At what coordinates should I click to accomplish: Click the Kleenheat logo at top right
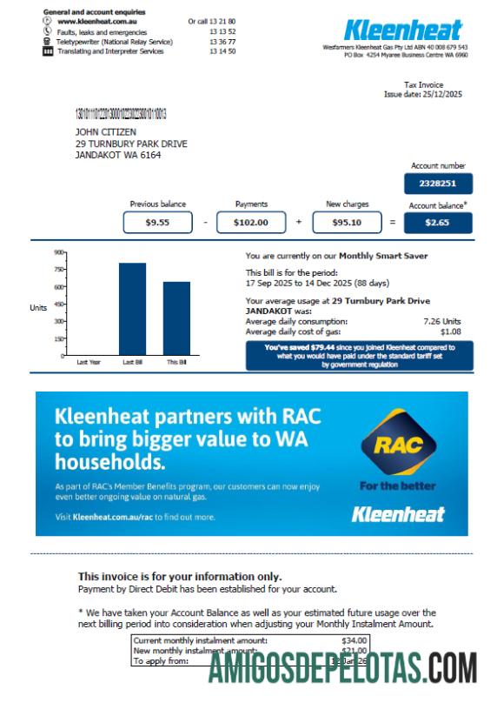click(x=403, y=29)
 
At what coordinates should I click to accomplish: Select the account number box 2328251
click(x=438, y=184)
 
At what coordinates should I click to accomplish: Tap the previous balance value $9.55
click(x=157, y=223)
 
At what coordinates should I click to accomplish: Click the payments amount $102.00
click(x=251, y=223)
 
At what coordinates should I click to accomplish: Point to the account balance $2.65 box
click(x=438, y=223)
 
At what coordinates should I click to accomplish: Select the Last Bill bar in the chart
click(x=132, y=309)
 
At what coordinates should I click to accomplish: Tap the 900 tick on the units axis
click(x=60, y=252)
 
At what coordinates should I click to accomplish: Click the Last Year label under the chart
click(x=89, y=362)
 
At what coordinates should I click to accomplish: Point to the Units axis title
click(x=38, y=307)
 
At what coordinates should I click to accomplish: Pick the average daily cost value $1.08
click(x=450, y=331)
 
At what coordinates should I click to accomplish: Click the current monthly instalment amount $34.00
click(x=355, y=640)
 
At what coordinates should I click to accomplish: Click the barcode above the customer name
click(x=122, y=114)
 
